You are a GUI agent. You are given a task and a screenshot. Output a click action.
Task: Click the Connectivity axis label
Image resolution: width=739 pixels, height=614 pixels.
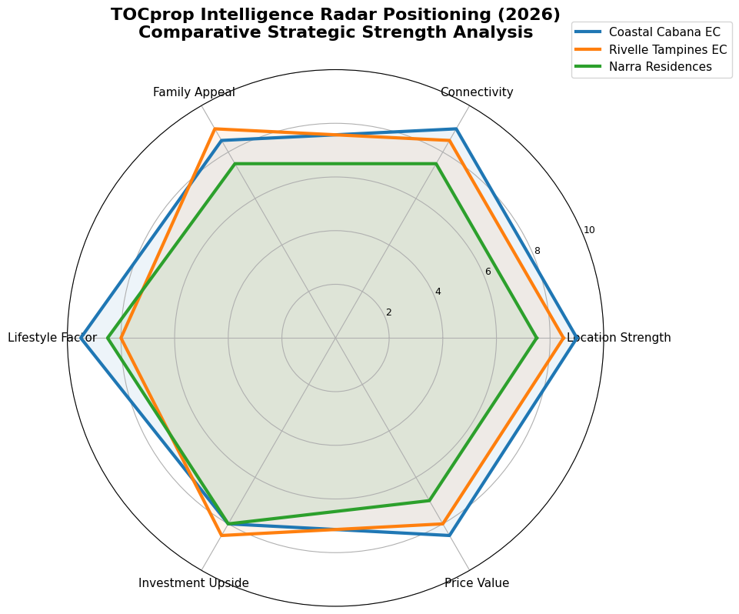(477, 92)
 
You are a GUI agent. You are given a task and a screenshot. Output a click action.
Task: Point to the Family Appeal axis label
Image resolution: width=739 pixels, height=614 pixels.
(194, 92)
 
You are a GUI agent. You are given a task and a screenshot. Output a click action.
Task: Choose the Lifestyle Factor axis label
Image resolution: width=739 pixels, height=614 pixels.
(52, 338)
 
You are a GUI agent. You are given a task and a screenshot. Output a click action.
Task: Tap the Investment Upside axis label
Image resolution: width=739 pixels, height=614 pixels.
(194, 583)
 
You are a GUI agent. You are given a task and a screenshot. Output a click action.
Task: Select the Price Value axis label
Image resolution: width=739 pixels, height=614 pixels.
(477, 583)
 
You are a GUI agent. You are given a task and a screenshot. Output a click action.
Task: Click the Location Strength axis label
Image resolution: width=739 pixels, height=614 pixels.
(619, 338)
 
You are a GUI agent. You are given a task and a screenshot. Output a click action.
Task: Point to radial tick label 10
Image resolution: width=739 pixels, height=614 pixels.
(589, 230)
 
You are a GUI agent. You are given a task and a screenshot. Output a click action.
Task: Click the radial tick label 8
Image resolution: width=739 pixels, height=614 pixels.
(538, 251)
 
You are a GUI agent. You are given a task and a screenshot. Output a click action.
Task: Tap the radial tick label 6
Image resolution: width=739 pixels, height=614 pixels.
(488, 272)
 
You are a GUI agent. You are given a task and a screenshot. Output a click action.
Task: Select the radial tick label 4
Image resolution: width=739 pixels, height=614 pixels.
(438, 292)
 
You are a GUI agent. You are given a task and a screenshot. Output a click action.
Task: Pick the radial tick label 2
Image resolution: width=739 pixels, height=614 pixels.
(388, 312)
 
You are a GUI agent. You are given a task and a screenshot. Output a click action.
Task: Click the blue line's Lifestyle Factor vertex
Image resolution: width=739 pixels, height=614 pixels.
(82, 338)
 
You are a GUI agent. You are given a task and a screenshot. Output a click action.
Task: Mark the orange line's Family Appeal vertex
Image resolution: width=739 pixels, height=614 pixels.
(215, 129)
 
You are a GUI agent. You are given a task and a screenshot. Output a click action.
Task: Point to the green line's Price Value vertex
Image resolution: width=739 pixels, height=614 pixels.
(429, 501)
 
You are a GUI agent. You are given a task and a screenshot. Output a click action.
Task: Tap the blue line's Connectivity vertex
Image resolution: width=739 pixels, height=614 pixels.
(456, 129)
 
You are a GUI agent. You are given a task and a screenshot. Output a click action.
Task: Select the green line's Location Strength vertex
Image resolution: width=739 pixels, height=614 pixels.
(536, 338)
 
